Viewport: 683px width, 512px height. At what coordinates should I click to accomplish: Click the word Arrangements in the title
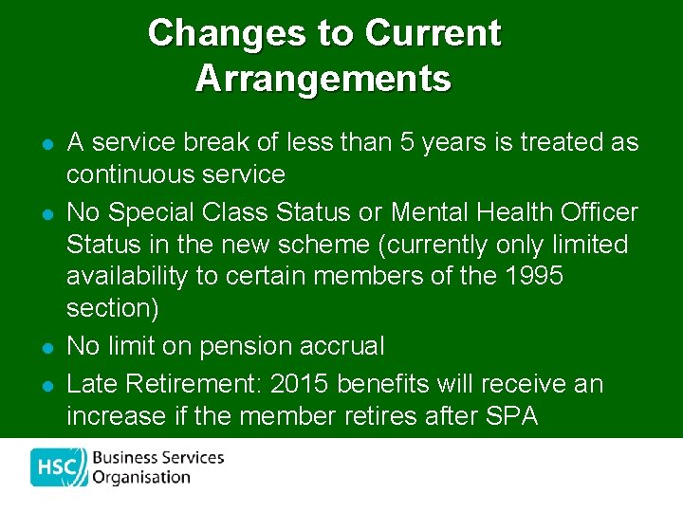pyautogui.click(x=323, y=78)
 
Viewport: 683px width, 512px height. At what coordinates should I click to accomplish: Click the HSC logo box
pyautogui.click(x=58, y=466)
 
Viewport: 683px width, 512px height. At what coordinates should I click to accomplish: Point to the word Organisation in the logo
pyautogui.click(x=141, y=478)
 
